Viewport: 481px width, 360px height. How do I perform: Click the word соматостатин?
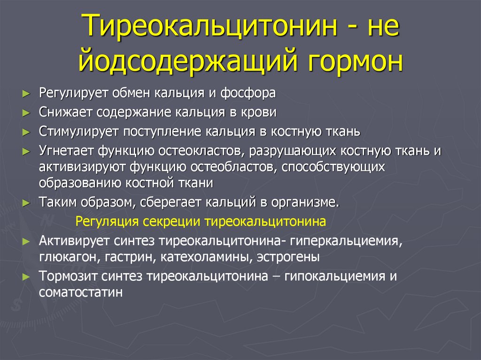click(81, 292)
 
